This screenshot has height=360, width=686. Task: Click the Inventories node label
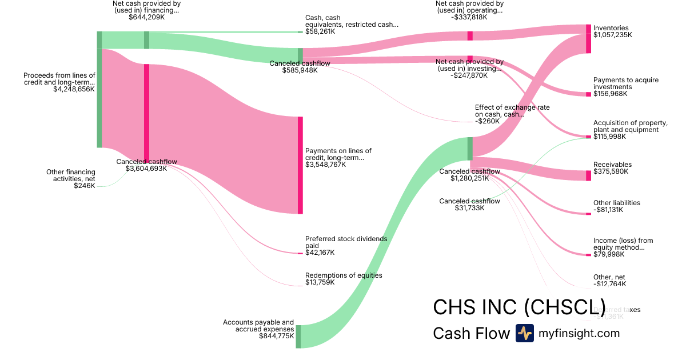tap(611, 28)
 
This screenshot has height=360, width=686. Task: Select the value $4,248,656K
tap(74, 89)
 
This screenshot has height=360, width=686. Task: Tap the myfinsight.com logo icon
tap(524, 333)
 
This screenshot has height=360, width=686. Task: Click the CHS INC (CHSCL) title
tap(520, 307)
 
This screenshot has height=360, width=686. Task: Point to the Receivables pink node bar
tap(588, 175)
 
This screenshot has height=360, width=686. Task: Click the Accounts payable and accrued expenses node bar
tap(298, 336)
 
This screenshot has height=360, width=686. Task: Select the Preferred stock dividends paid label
tap(346, 242)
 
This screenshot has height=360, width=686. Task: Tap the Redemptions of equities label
tap(344, 275)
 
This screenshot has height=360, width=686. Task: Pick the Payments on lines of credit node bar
tap(300, 165)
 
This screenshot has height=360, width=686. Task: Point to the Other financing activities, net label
tap(71, 175)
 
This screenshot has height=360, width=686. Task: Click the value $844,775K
tap(276, 336)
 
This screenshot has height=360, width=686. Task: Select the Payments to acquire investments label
tap(625, 83)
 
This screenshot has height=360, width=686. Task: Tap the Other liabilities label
tap(616, 203)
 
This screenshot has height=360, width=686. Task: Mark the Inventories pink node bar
tap(588, 39)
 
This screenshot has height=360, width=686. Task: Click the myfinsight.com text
tap(579, 333)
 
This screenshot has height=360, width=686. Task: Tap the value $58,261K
tap(320, 31)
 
